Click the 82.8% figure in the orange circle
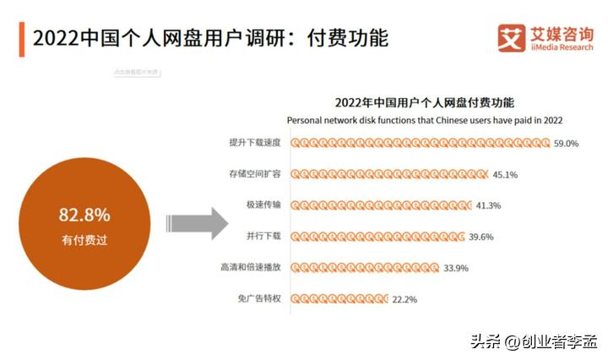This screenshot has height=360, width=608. [x=84, y=214]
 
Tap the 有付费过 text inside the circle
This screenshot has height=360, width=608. [x=84, y=240]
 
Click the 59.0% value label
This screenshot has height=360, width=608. [x=566, y=144]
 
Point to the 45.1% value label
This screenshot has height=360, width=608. [x=505, y=175]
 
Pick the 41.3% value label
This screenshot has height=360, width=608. [x=489, y=205]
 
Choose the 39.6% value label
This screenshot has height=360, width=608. [x=480, y=237]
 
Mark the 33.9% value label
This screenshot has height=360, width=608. [x=455, y=268]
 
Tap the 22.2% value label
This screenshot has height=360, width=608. [x=404, y=298]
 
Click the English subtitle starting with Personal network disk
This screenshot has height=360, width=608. [x=425, y=121]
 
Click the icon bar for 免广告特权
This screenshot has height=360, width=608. [x=339, y=298]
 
